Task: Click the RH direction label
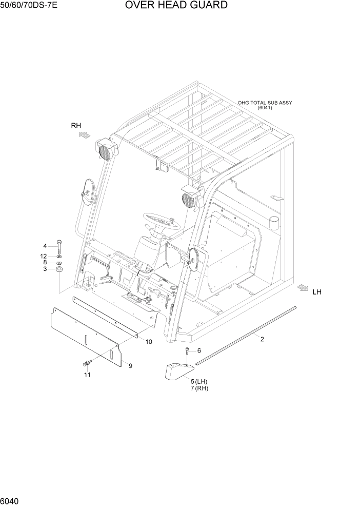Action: tap(76, 125)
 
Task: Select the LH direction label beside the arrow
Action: tap(317, 292)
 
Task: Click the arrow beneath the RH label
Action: tap(84, 135)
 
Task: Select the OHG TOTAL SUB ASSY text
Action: tap(265, 103)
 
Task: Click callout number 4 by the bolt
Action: tap(45, 246)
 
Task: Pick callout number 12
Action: tap(44, 256)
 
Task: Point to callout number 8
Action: tap(45, 262)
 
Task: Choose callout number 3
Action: tap(45, 269)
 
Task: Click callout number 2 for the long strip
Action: tap(262, 339)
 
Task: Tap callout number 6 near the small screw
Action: tap(199, 350)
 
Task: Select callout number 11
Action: tap(87, 375)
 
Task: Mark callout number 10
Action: tap(149, 342)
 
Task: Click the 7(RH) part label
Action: tap(199, 388)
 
